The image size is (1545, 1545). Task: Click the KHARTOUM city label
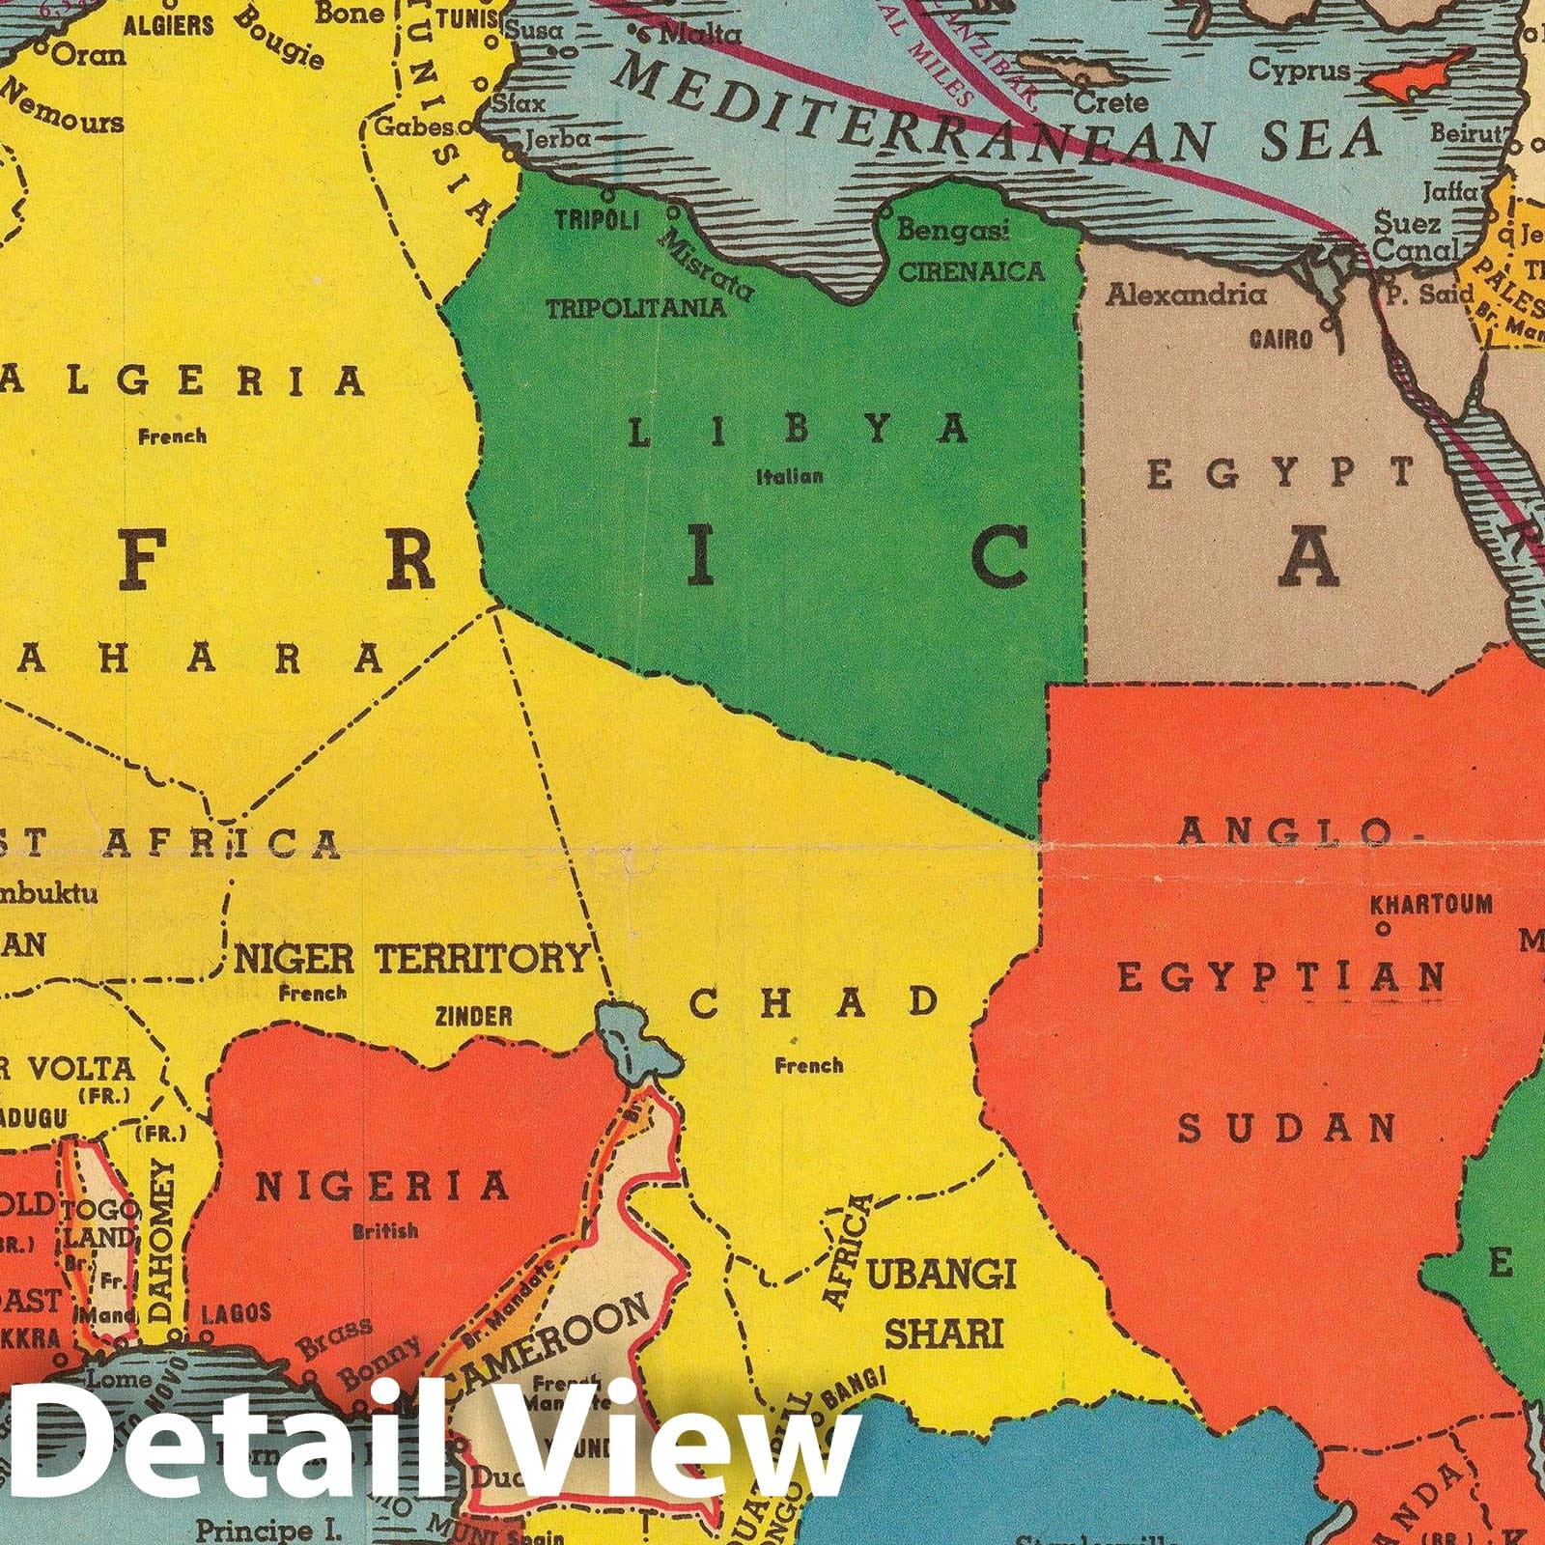[1430, 905]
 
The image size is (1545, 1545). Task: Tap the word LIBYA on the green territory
[798, 431]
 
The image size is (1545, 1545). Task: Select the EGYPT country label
[1280, 474]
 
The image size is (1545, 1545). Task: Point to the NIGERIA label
[381, 1187]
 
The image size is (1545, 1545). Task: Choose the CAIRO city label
[1280, 339]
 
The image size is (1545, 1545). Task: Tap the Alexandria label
[1186, 294]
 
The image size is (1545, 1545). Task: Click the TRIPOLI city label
[597, 220]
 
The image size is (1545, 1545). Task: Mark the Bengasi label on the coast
[952, 230]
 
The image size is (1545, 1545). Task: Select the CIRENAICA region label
[971, 271]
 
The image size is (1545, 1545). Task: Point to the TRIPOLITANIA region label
[635, 308]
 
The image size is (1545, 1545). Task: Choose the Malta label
[699, 35]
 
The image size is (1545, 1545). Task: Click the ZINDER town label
[473, 1016]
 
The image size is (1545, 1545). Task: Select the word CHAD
[813, 1003]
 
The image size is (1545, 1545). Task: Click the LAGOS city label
[236, 1312]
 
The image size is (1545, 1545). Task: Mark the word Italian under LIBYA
[790, 476]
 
